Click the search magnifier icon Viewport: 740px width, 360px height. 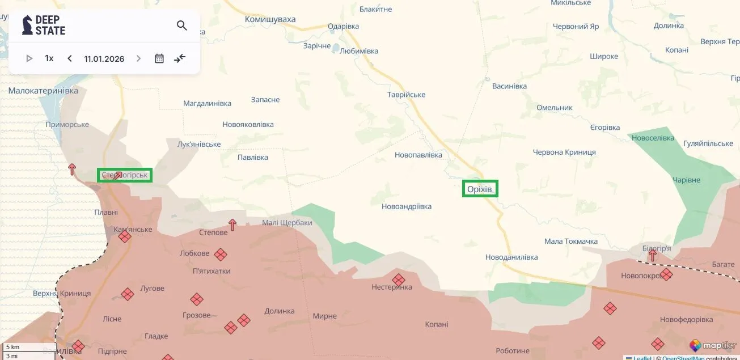coord(181,26)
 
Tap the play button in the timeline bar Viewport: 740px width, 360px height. coord(29,58)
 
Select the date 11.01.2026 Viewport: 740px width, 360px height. coord(104,59)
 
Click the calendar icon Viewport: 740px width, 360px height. coord(159,58)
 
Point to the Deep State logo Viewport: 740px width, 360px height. coord(44,25)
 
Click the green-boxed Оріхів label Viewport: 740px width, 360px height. coord(480,189)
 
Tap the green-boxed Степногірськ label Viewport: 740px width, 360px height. coord(125,175)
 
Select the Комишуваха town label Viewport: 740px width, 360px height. coord(270,19)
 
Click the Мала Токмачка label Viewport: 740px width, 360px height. coord(570,242)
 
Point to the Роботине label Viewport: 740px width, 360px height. coord(512,351)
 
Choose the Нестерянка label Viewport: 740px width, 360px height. coord(391,287)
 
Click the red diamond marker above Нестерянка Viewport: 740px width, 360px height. coord(399,279)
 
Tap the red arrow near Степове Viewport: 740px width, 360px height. coord(232,225)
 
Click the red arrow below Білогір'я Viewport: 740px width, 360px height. coord(652,256)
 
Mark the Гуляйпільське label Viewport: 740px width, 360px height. coord(708,144)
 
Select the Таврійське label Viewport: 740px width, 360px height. coord(406,95)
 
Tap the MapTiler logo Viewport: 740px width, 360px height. coord(713,345)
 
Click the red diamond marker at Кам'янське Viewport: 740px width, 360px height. coord(125,236)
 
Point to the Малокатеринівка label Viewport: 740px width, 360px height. coord(43,91)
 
